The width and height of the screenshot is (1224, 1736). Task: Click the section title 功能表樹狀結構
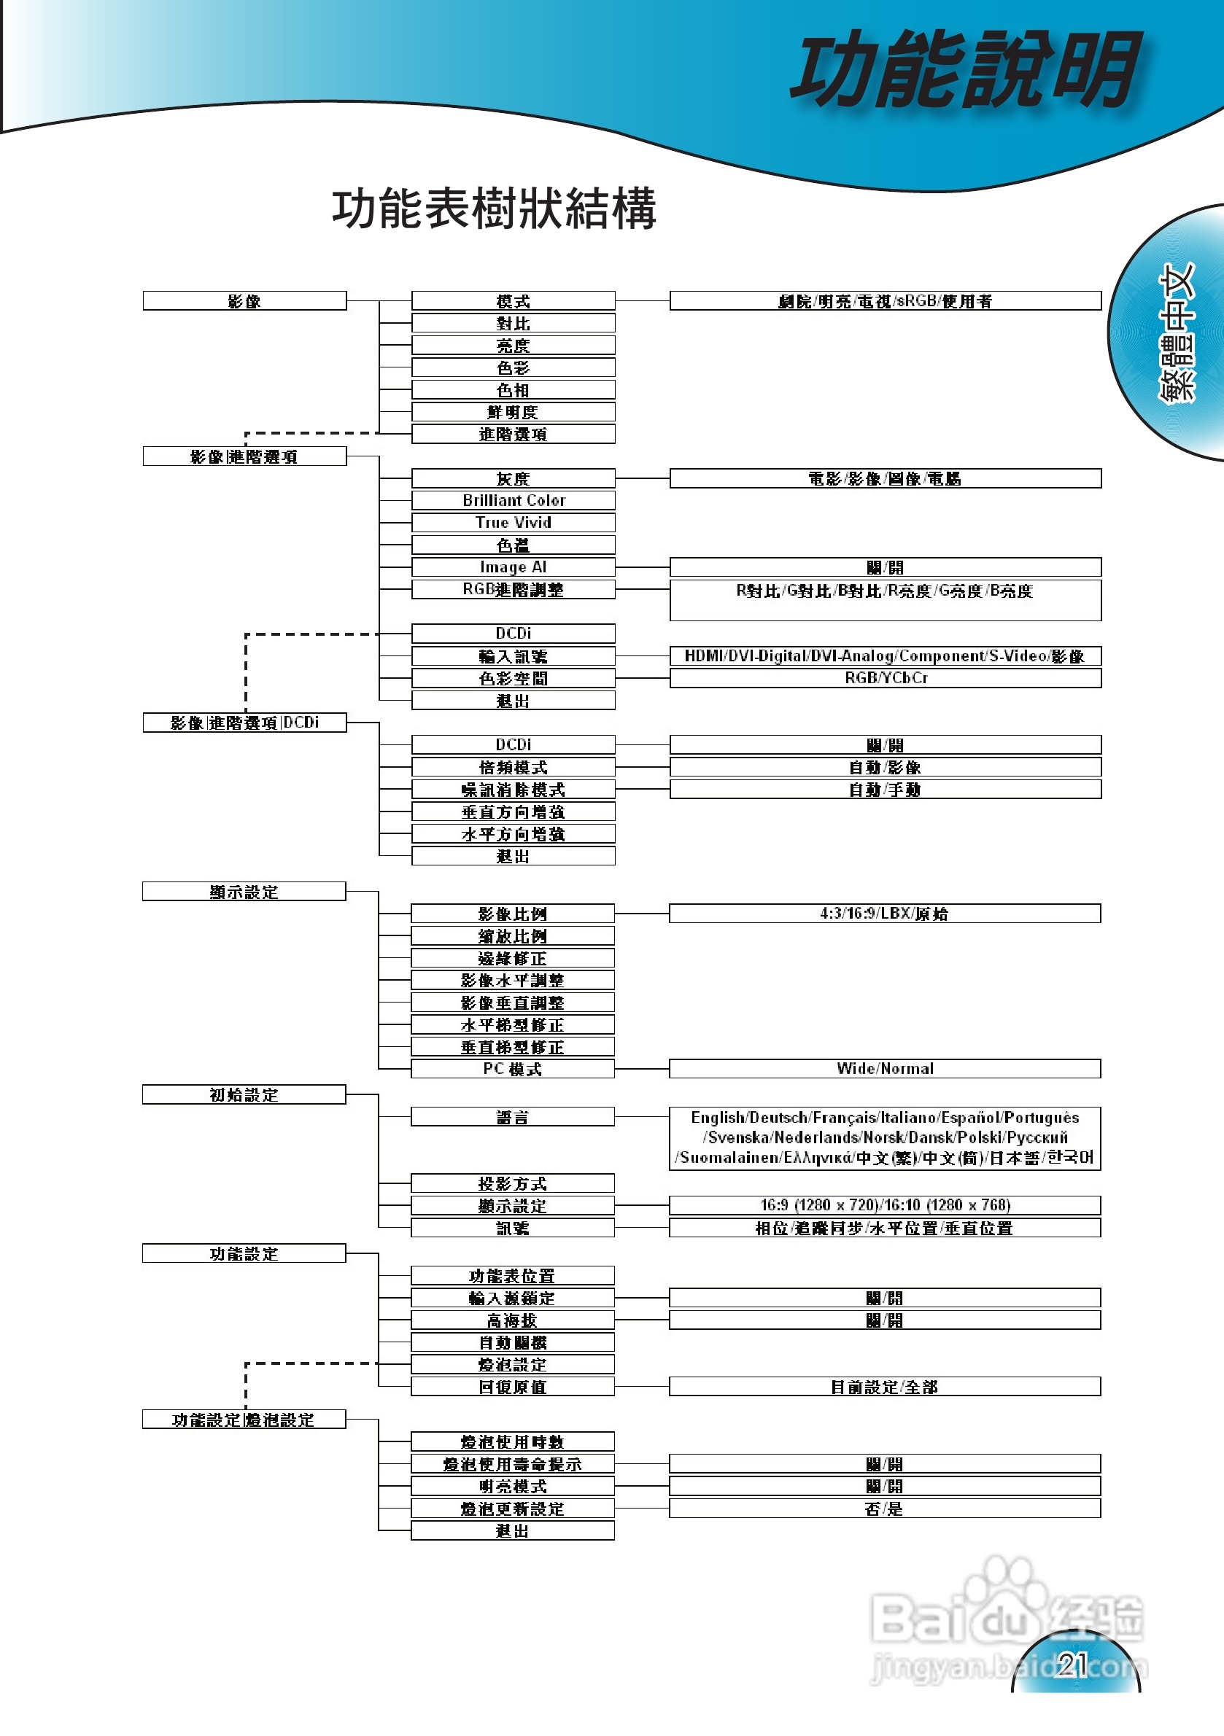(493, 209)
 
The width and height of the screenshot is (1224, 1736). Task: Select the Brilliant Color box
(513, 501)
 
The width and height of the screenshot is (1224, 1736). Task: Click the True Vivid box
(513, 523)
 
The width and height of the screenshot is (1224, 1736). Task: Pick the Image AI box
(513, 567)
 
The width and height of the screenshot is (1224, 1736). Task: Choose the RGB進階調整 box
(513, 589)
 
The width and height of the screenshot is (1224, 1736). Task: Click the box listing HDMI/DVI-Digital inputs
(884, 655)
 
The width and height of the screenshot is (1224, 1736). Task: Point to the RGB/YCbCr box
(884, 677)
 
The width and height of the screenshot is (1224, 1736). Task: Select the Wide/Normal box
(884, 1068)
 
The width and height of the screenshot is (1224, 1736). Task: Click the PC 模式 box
(512, 1068)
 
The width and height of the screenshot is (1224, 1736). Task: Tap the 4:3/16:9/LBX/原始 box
(884, 914)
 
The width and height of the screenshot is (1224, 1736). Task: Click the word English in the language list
(718, 1118)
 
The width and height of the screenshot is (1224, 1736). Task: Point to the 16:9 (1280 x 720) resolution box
(884, 1205)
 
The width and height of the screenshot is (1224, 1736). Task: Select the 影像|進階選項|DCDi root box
(244, 723)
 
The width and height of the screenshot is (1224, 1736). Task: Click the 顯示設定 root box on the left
(244, 892)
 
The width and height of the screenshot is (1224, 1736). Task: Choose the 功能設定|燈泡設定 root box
(244, 1419)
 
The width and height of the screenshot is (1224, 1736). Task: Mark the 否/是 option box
(884, 1509)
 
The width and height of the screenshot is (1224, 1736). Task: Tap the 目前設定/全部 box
(884, 1387)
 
